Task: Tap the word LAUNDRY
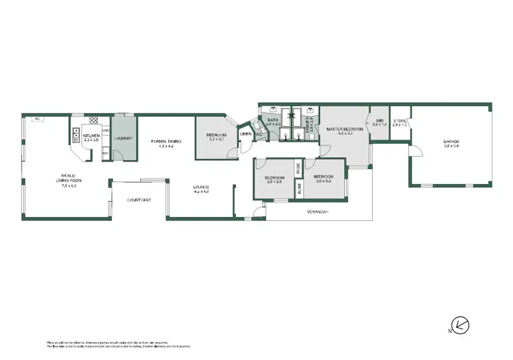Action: pos(123,139)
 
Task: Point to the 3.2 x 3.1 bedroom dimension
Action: pos(217,140)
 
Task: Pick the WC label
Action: pos(259,134)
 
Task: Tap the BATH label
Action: pos(272,120)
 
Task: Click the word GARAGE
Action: pos(450,142)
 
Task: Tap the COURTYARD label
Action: pos(139,201)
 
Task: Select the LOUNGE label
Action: pos(200,188)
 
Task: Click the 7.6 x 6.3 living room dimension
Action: pos(68,185)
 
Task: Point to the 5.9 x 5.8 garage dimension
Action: pos(450,146)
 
